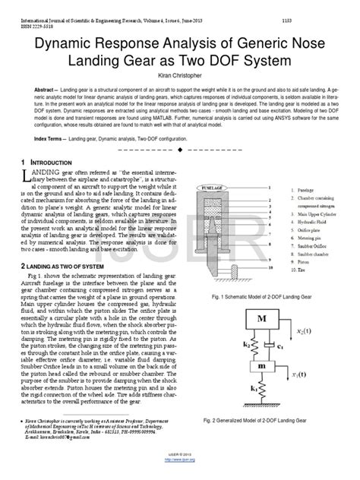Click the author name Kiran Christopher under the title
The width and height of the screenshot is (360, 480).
tap(179, 79)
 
